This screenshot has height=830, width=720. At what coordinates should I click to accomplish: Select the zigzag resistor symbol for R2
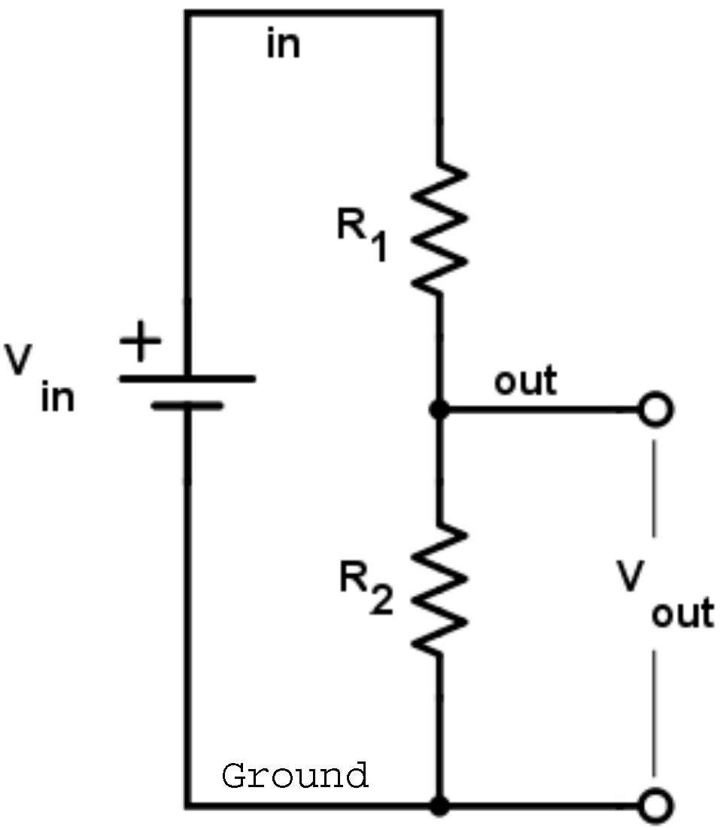click(x=439, y=588)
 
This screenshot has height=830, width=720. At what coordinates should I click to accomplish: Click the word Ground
click(x=295, y=775)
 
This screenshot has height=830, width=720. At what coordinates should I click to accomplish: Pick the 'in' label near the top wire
click(x=283, y=45)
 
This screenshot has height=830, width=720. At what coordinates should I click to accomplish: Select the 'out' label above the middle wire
click(x=525, y=382)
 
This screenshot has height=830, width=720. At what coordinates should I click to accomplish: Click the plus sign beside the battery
click(x=141, y=347)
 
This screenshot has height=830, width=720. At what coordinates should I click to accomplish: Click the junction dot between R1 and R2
click(x=439, y=410)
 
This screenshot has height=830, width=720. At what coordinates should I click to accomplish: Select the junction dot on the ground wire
click(x=439, y=806)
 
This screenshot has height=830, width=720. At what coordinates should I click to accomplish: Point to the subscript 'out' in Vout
click(x=682, y=614)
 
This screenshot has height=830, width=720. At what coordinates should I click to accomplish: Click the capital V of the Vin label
click(x=25, y=362)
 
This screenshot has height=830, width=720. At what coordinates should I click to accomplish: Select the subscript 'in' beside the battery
click(x=58, y=397)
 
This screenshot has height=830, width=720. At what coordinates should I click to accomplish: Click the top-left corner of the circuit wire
click(x=187, y=13)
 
